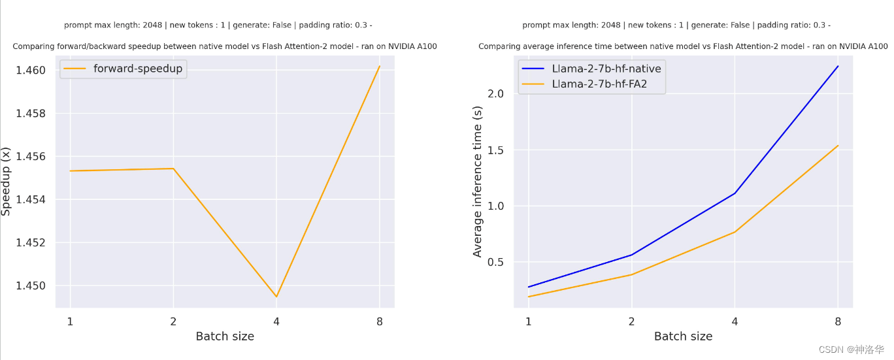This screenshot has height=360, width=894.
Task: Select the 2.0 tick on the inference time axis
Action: pyautogui.click(x=496, y=93)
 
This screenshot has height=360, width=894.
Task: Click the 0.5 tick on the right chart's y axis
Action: pyautogui.click(x=496, y=262)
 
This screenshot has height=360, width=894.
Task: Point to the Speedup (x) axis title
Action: pyautogui.click(x=7, y=181)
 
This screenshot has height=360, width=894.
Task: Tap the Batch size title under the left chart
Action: pyautogui.click(x=225, y=336)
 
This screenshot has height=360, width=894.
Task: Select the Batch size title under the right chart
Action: pyautogui.click(x=683, y=336)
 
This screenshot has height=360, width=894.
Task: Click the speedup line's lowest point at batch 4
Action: pyautogui.click(x=276, y=297)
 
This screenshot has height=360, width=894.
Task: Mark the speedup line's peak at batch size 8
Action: pyautogui.click(x=380, y=66)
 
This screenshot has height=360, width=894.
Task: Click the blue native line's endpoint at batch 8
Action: pyautogui.click(x=838, y=66)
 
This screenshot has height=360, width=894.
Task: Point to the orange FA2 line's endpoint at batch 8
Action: pyautogui.click(x=838, y=145)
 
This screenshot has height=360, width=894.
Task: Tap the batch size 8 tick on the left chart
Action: pyautogui.click(x=380, y=321)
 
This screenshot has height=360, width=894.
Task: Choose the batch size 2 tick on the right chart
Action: pyautogui.click(x=631, y=321)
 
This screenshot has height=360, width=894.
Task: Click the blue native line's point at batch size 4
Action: pyautogui.click(x=735, y=193)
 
